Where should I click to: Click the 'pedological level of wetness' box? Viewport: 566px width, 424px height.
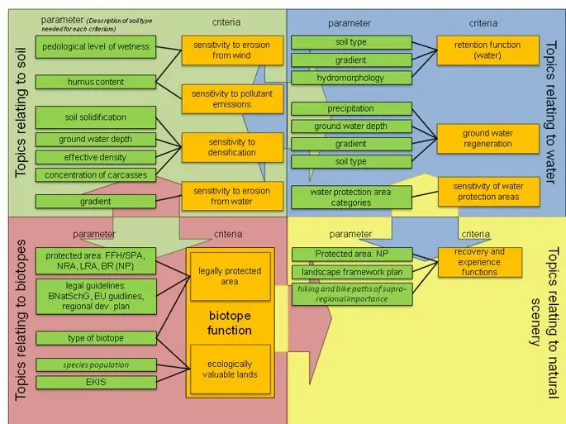click(96, 47)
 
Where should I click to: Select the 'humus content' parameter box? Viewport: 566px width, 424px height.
click(96, 82)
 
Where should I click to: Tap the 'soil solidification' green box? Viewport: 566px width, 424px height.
click(96, 117)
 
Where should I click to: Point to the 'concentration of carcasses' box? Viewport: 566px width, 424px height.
click(96, 174)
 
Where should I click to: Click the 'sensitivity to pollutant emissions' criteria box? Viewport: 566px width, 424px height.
click(232, 99)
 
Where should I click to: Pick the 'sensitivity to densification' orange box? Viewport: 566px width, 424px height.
click(232, 147)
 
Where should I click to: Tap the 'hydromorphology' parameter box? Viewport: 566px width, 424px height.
click(351, 78)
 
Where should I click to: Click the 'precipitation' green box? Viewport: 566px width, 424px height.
click(351, 108)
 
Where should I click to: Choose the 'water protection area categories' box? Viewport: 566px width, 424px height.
click(351, 198)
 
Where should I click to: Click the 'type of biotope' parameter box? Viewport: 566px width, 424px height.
click(96, 338)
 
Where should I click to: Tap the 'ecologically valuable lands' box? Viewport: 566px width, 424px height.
click(231, 369)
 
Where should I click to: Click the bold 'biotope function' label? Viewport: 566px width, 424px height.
click(230, 323)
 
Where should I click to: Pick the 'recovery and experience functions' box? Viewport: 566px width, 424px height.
click(480, 261)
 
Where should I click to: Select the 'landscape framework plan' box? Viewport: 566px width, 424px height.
click(352, 273)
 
